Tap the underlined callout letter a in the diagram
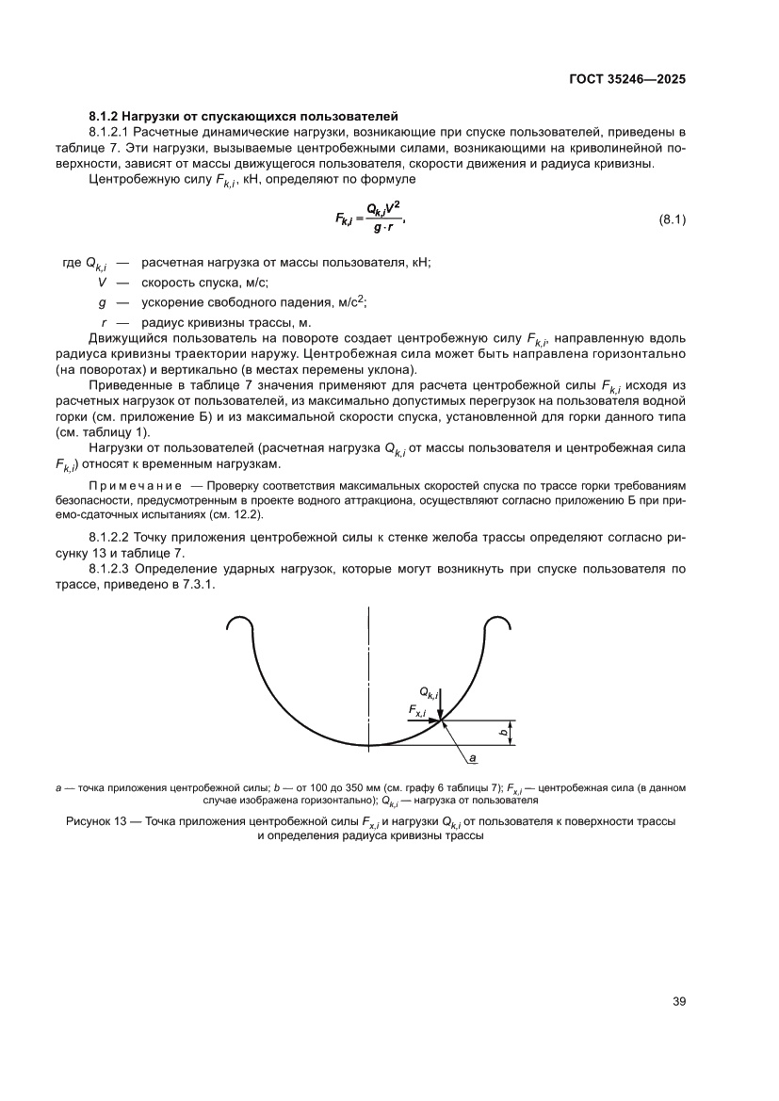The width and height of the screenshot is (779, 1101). (473, 756)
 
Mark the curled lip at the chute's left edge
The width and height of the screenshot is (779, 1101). (240, 624)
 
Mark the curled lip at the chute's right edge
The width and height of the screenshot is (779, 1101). (496, 624)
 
